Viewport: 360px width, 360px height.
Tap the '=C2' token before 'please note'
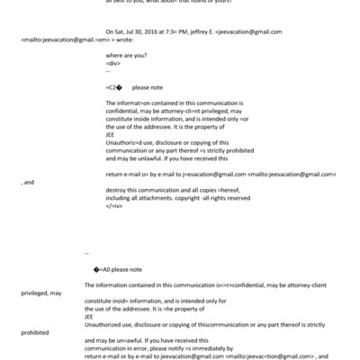[112, 88]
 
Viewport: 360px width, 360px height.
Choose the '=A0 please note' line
[117, 269]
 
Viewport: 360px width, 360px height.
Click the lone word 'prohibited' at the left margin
[35, 331]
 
